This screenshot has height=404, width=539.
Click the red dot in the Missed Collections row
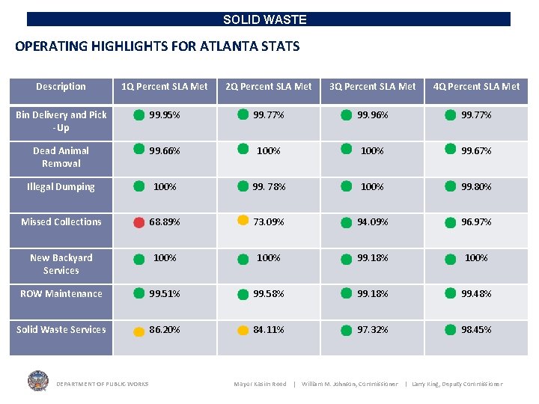point(139,222)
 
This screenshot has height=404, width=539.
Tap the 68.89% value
point(165,222)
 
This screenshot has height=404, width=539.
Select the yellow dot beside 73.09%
point(243,221)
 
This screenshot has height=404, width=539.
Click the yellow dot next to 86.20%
point(139,330)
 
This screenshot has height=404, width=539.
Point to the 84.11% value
point(269,329)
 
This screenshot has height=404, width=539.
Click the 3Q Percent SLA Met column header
point(372,87)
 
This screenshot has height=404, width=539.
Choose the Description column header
point(61,87)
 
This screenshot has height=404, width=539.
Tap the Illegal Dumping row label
point(61,187)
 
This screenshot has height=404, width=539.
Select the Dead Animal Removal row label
point(61,157)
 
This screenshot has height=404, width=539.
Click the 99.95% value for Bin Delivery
point(165,115)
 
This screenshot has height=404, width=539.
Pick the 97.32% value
point(372,329)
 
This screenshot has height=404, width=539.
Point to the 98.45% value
point(476,329)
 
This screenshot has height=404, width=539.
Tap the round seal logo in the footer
point(37,381)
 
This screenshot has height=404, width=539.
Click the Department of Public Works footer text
point(102,385)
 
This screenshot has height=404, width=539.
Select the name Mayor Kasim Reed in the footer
point(260,385)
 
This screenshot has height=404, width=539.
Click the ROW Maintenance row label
point(61,294)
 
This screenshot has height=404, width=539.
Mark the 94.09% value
point(372,222)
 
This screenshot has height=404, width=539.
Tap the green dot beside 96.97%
point(450,222)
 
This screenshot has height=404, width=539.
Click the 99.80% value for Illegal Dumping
point(476,187)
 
